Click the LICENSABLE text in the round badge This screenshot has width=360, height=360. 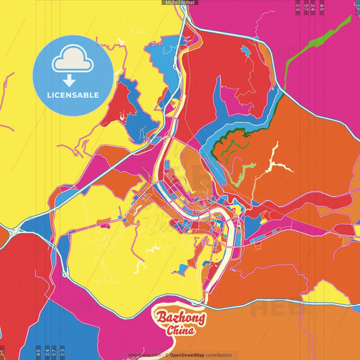click(x=73, y=95)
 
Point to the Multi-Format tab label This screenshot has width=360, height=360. click(x=180, y=3)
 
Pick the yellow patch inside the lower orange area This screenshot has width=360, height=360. click(x=324, y=292)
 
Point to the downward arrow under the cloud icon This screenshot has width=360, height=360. click(x=73, y=78)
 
